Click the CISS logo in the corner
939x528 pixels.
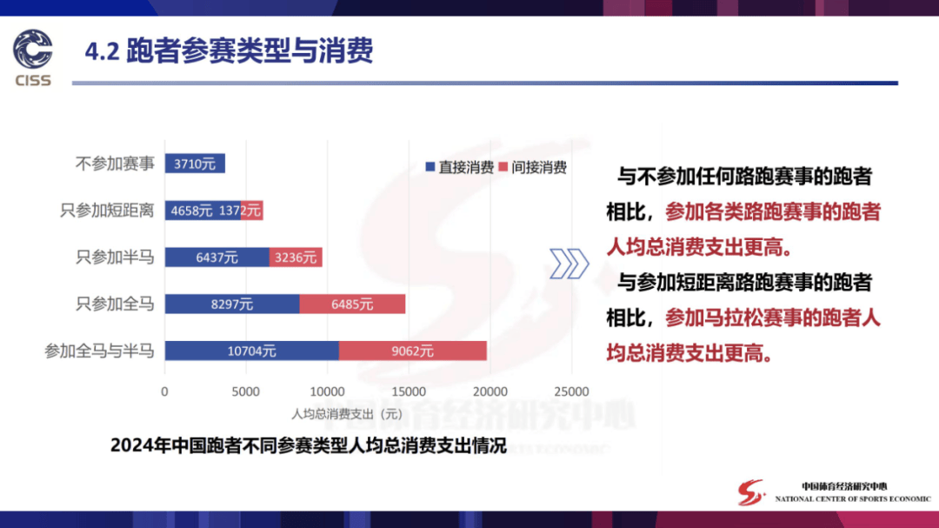click(33, 57)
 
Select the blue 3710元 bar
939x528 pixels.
click(195, 164)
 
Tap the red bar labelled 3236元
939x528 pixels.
click(296, 257)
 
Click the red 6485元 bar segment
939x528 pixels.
click(352, 304)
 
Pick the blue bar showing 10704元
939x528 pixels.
click(251, 351)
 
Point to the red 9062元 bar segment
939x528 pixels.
click(413, 351)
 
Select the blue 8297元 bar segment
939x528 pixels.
click(232, 304)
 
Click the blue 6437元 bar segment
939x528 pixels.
click(216, 257)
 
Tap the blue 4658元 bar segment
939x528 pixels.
click(203, 211)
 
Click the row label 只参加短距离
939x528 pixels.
click(107, 211)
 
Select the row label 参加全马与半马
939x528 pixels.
click(99, 351)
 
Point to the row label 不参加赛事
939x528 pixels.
click(115, 164)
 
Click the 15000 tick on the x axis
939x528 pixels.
click(409, 392)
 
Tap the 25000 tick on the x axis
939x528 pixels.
click(571, 392)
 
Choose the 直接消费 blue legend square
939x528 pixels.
click(430, 167)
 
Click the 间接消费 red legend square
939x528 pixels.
click(503, 167)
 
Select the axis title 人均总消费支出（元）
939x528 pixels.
click(347, 414)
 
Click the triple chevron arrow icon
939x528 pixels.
click(569, 264)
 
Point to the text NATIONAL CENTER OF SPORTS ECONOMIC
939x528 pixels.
click(853, 498)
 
